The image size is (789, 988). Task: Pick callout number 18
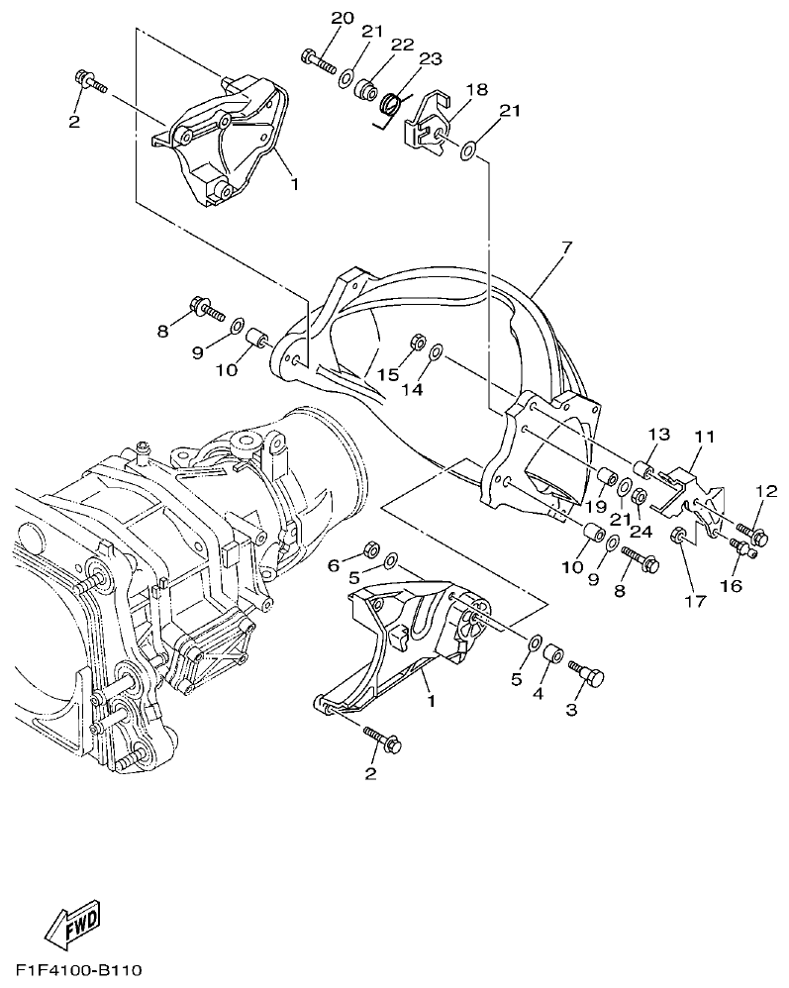tap(477, 90)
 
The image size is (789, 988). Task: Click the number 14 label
tap(412, 390)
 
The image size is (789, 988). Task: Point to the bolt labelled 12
tap(751, 536)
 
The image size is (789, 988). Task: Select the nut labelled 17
tap(679, 537)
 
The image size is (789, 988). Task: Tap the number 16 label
tap(731, 586)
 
